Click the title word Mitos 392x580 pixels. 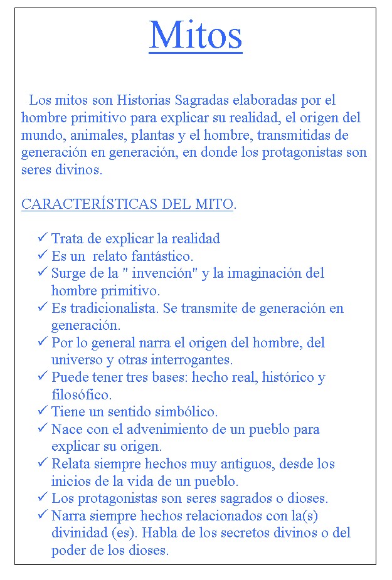196,35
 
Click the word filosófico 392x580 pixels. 81,395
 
